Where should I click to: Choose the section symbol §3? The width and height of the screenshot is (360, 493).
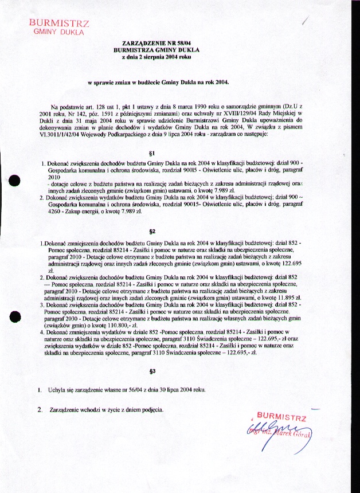tap(152, 371)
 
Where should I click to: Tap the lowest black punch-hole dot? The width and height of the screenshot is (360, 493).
tap(15, 317)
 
